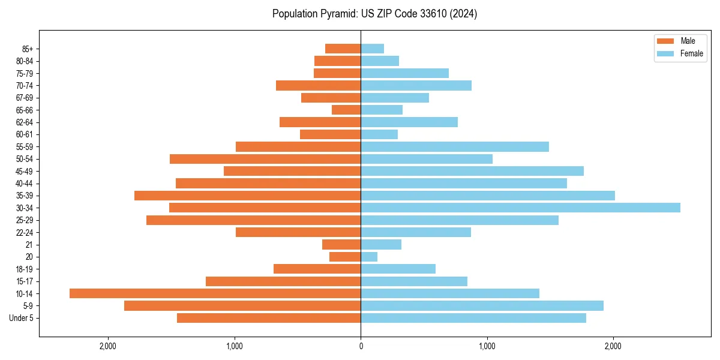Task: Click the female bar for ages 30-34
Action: [520, 208]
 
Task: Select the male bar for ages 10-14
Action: [215, 293]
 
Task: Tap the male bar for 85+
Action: [343, 49]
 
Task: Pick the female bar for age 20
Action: [369, 257]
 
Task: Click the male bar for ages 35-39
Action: [247, 196]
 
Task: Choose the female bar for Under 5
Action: [473, 318]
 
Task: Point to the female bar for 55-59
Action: [455, 146]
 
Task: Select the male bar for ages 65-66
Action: [346, 110]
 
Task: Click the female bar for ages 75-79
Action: [404, 73]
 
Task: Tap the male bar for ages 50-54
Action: [265, 159]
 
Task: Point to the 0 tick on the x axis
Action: [361, 346]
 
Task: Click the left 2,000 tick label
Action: [108, 346]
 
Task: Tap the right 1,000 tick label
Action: [487, 346]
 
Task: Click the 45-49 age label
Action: [25, 171]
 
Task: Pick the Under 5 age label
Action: [22, 318]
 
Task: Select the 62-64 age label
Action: [25, 122]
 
